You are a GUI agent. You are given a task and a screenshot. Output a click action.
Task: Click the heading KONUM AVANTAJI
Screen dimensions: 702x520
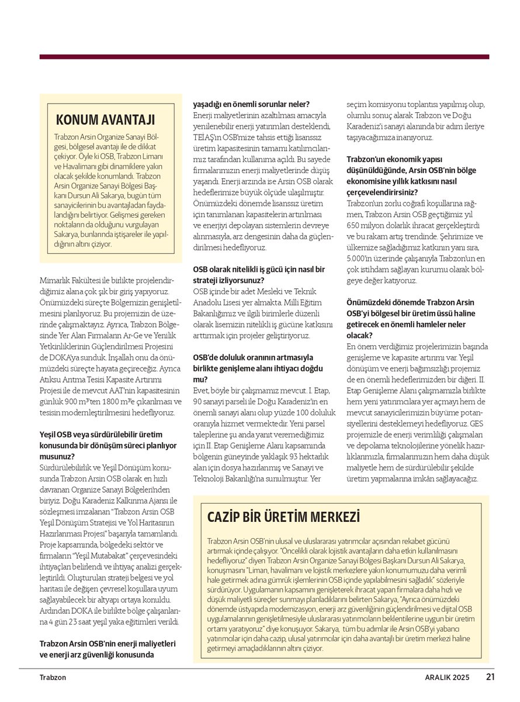point(105,120)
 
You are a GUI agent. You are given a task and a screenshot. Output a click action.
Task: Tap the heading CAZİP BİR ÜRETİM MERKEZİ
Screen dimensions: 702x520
point(283,517)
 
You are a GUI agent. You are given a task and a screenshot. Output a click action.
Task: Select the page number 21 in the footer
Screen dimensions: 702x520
point(491,677)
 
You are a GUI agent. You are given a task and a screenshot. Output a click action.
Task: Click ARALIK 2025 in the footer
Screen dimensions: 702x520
point(447,678)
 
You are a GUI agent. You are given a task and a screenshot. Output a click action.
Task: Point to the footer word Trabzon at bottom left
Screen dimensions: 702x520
point(53,678)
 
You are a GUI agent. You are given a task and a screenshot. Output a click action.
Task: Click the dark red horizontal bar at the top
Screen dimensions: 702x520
point(264,57)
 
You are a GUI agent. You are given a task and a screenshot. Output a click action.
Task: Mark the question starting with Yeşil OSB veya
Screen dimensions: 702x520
point(100,445)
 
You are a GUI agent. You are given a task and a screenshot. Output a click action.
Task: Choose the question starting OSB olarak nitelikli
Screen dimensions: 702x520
point(259,274)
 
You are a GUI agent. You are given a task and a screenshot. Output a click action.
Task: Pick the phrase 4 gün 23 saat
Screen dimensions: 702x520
point(72,621)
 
